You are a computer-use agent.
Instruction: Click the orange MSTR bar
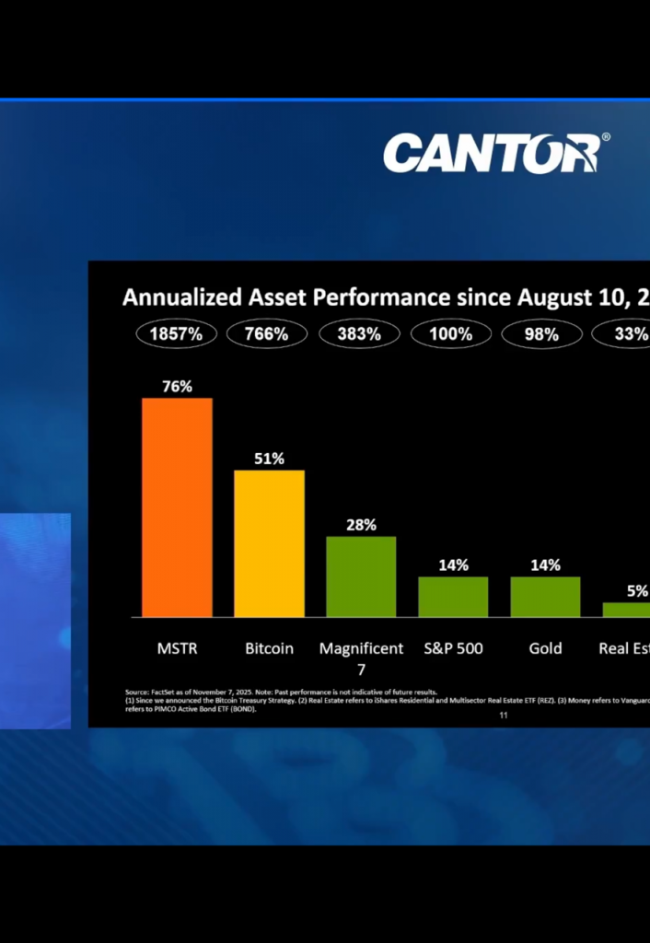tap(177, 507)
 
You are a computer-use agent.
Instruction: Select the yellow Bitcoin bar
tap(269, 543)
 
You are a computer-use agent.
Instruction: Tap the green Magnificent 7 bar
tap(361, 576)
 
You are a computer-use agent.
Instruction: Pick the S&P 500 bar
tap(453, 597)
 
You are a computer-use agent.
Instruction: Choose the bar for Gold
tap(545, 597)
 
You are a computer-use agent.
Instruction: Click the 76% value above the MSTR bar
tap(177, 387)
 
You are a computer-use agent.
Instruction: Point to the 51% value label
tap(269, 459)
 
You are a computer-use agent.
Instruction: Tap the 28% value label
tap(361, 525)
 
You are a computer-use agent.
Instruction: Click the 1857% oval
tap(176, 334)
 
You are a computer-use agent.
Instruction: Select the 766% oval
tap(267, 334)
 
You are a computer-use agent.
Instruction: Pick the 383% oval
tap(359, 334)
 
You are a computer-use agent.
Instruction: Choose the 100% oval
tap(450, 334)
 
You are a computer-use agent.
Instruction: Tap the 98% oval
tap(541, 334)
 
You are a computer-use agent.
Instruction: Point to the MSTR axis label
tap(177, 648)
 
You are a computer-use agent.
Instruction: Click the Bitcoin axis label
tap(269, 648)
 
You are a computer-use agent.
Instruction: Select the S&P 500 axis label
tap(453, 648)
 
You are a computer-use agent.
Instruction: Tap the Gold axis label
tap(545, 648)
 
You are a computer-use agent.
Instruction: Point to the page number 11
tap(503, 715)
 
